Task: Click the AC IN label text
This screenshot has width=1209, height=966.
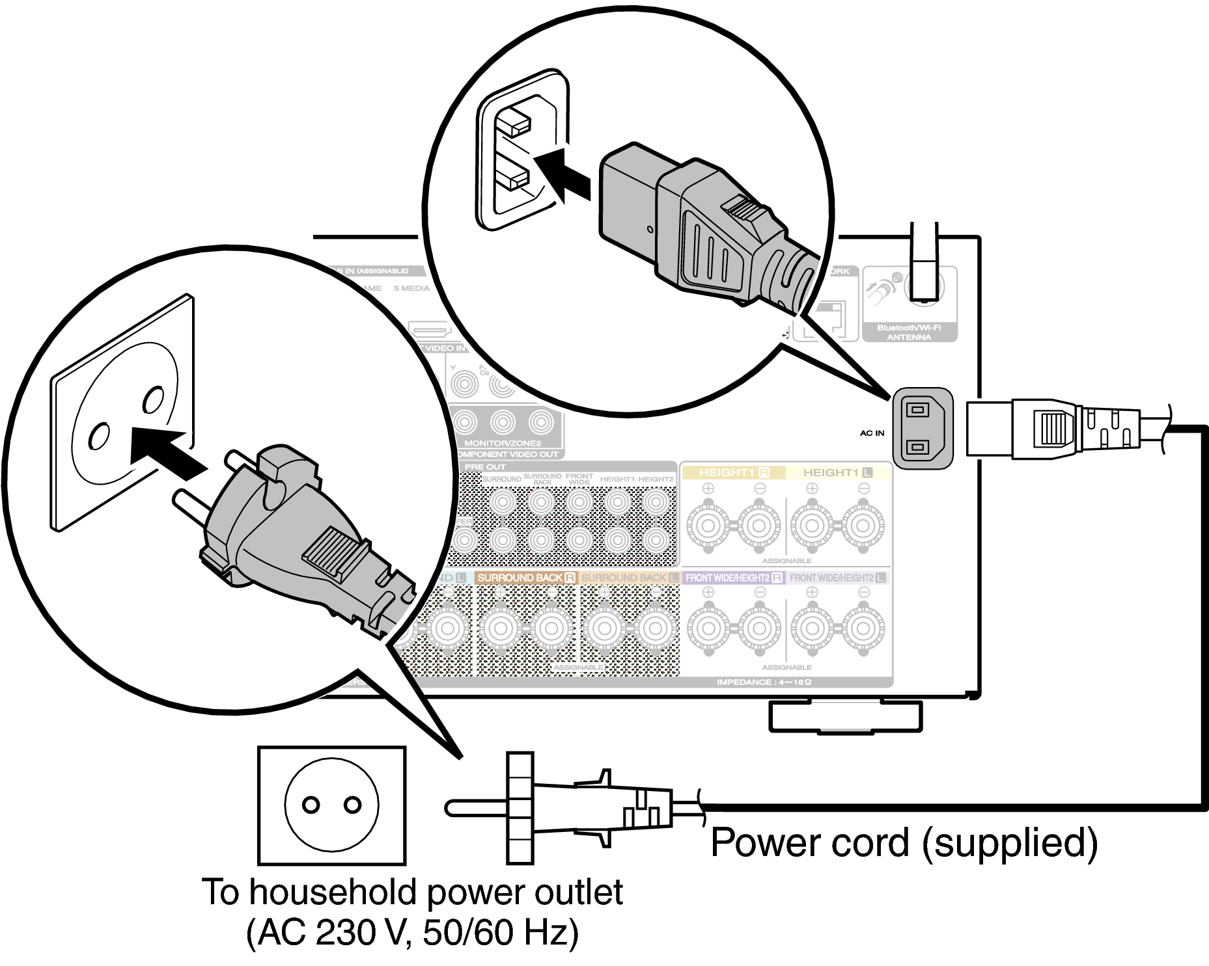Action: click(872, 433)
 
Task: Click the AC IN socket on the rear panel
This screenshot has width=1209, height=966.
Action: click(922, 428)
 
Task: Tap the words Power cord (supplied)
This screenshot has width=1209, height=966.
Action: click(904, 843)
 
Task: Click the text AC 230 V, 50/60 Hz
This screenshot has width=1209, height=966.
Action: click(412, 932)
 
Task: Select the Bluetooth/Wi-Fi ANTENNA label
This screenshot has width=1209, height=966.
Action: click(909, 332)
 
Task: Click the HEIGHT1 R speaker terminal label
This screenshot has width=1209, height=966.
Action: click(734, 473)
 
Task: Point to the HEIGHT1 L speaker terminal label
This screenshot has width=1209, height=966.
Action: click(837, 473)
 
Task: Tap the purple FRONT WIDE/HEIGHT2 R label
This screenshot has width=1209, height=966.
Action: click(733, 578)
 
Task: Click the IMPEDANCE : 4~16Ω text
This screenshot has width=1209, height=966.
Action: click(764, 682)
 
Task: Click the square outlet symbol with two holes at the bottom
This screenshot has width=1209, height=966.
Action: click(332, 805)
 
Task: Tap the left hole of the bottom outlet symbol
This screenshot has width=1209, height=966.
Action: click(311, 805)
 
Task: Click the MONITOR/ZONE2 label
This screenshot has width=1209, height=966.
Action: click(502, 443)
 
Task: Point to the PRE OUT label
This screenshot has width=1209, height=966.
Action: click(485, 467)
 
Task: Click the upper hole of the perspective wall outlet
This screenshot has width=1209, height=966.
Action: click(154, 399)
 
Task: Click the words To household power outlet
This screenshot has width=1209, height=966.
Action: click(412, 892)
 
